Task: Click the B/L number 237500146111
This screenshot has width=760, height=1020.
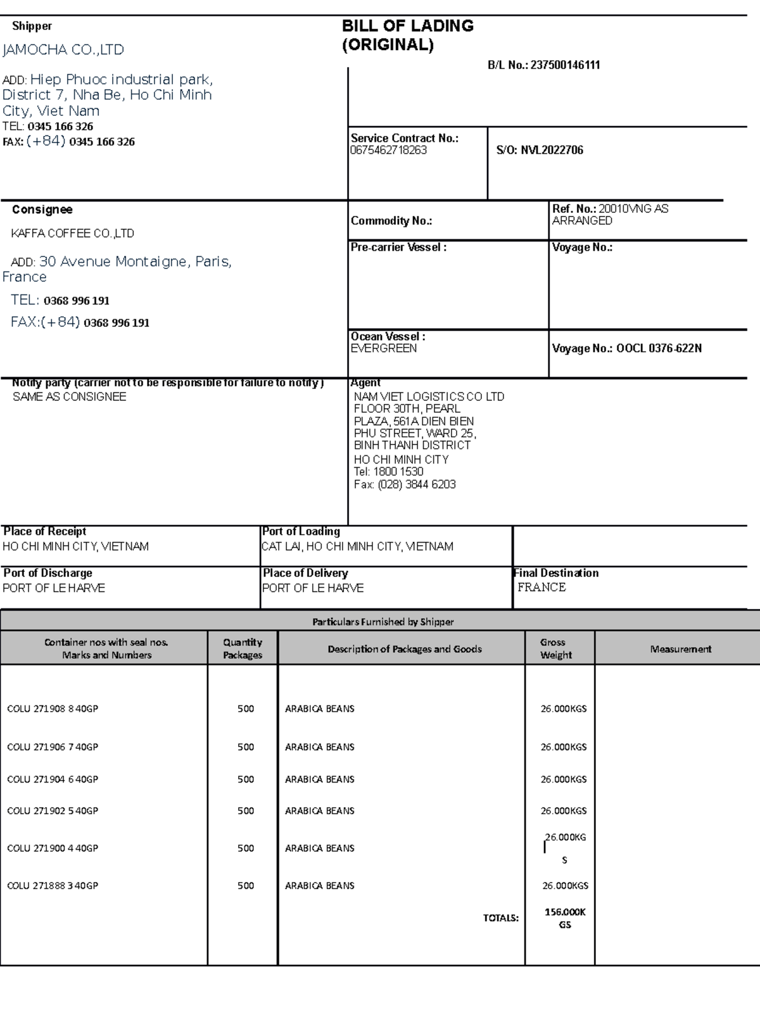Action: (565, 65)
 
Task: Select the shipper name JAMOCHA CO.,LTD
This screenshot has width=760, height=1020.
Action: (63, 49)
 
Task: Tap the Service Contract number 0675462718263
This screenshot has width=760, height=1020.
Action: (389, 150)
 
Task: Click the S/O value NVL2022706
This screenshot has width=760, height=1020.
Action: (552, 150)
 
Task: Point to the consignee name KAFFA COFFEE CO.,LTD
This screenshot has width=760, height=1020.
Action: (72, 233)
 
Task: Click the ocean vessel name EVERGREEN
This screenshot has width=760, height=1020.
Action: (384, 348)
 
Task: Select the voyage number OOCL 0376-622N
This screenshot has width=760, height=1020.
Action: (659, 348)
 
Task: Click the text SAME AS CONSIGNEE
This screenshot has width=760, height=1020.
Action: (70, 396)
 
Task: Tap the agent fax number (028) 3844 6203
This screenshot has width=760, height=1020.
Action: (417, 484)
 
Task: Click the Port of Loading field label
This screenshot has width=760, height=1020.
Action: (301, 531)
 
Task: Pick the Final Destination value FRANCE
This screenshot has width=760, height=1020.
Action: (541, 587)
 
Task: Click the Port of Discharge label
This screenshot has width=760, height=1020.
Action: (47, 572)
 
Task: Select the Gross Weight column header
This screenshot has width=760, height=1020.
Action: (555, 648)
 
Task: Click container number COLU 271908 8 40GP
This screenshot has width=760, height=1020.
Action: (53, 708)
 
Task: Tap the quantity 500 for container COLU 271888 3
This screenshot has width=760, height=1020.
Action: (246, 885)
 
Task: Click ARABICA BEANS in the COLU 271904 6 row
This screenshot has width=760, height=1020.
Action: (320, 779)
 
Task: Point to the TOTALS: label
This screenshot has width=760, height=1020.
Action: (500, 917)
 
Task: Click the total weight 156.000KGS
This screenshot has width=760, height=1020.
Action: (565, 918)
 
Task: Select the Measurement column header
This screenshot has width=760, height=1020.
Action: (680, 649)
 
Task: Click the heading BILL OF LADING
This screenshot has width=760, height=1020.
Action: (408, 26)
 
